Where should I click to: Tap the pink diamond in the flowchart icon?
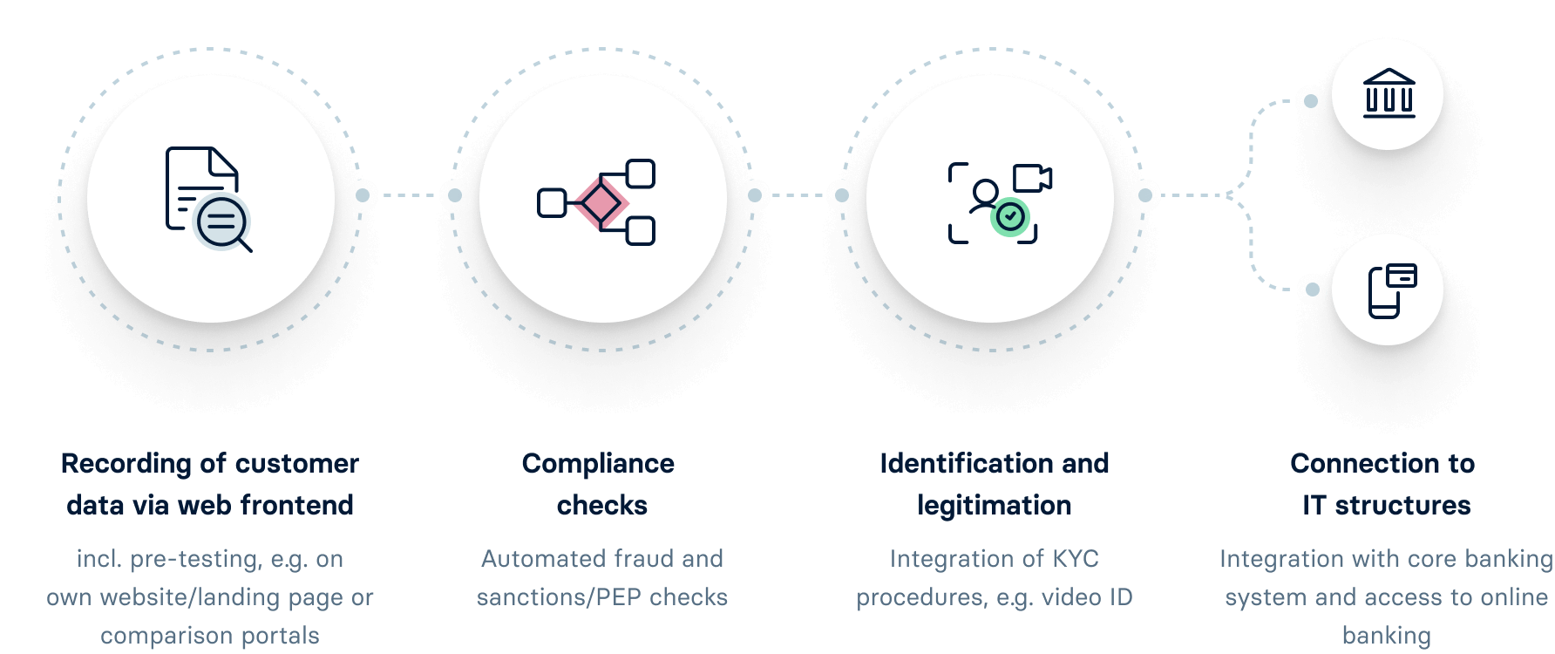600,203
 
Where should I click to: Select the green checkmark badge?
1011,216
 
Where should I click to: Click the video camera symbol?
1032,178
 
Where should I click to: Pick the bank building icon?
1389,93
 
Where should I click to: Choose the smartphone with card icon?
1391,290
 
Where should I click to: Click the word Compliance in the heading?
598,464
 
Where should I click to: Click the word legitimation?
994,505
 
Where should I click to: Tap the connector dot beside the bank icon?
1310,101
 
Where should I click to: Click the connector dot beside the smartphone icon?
1312,290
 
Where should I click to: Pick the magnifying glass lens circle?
221,221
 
